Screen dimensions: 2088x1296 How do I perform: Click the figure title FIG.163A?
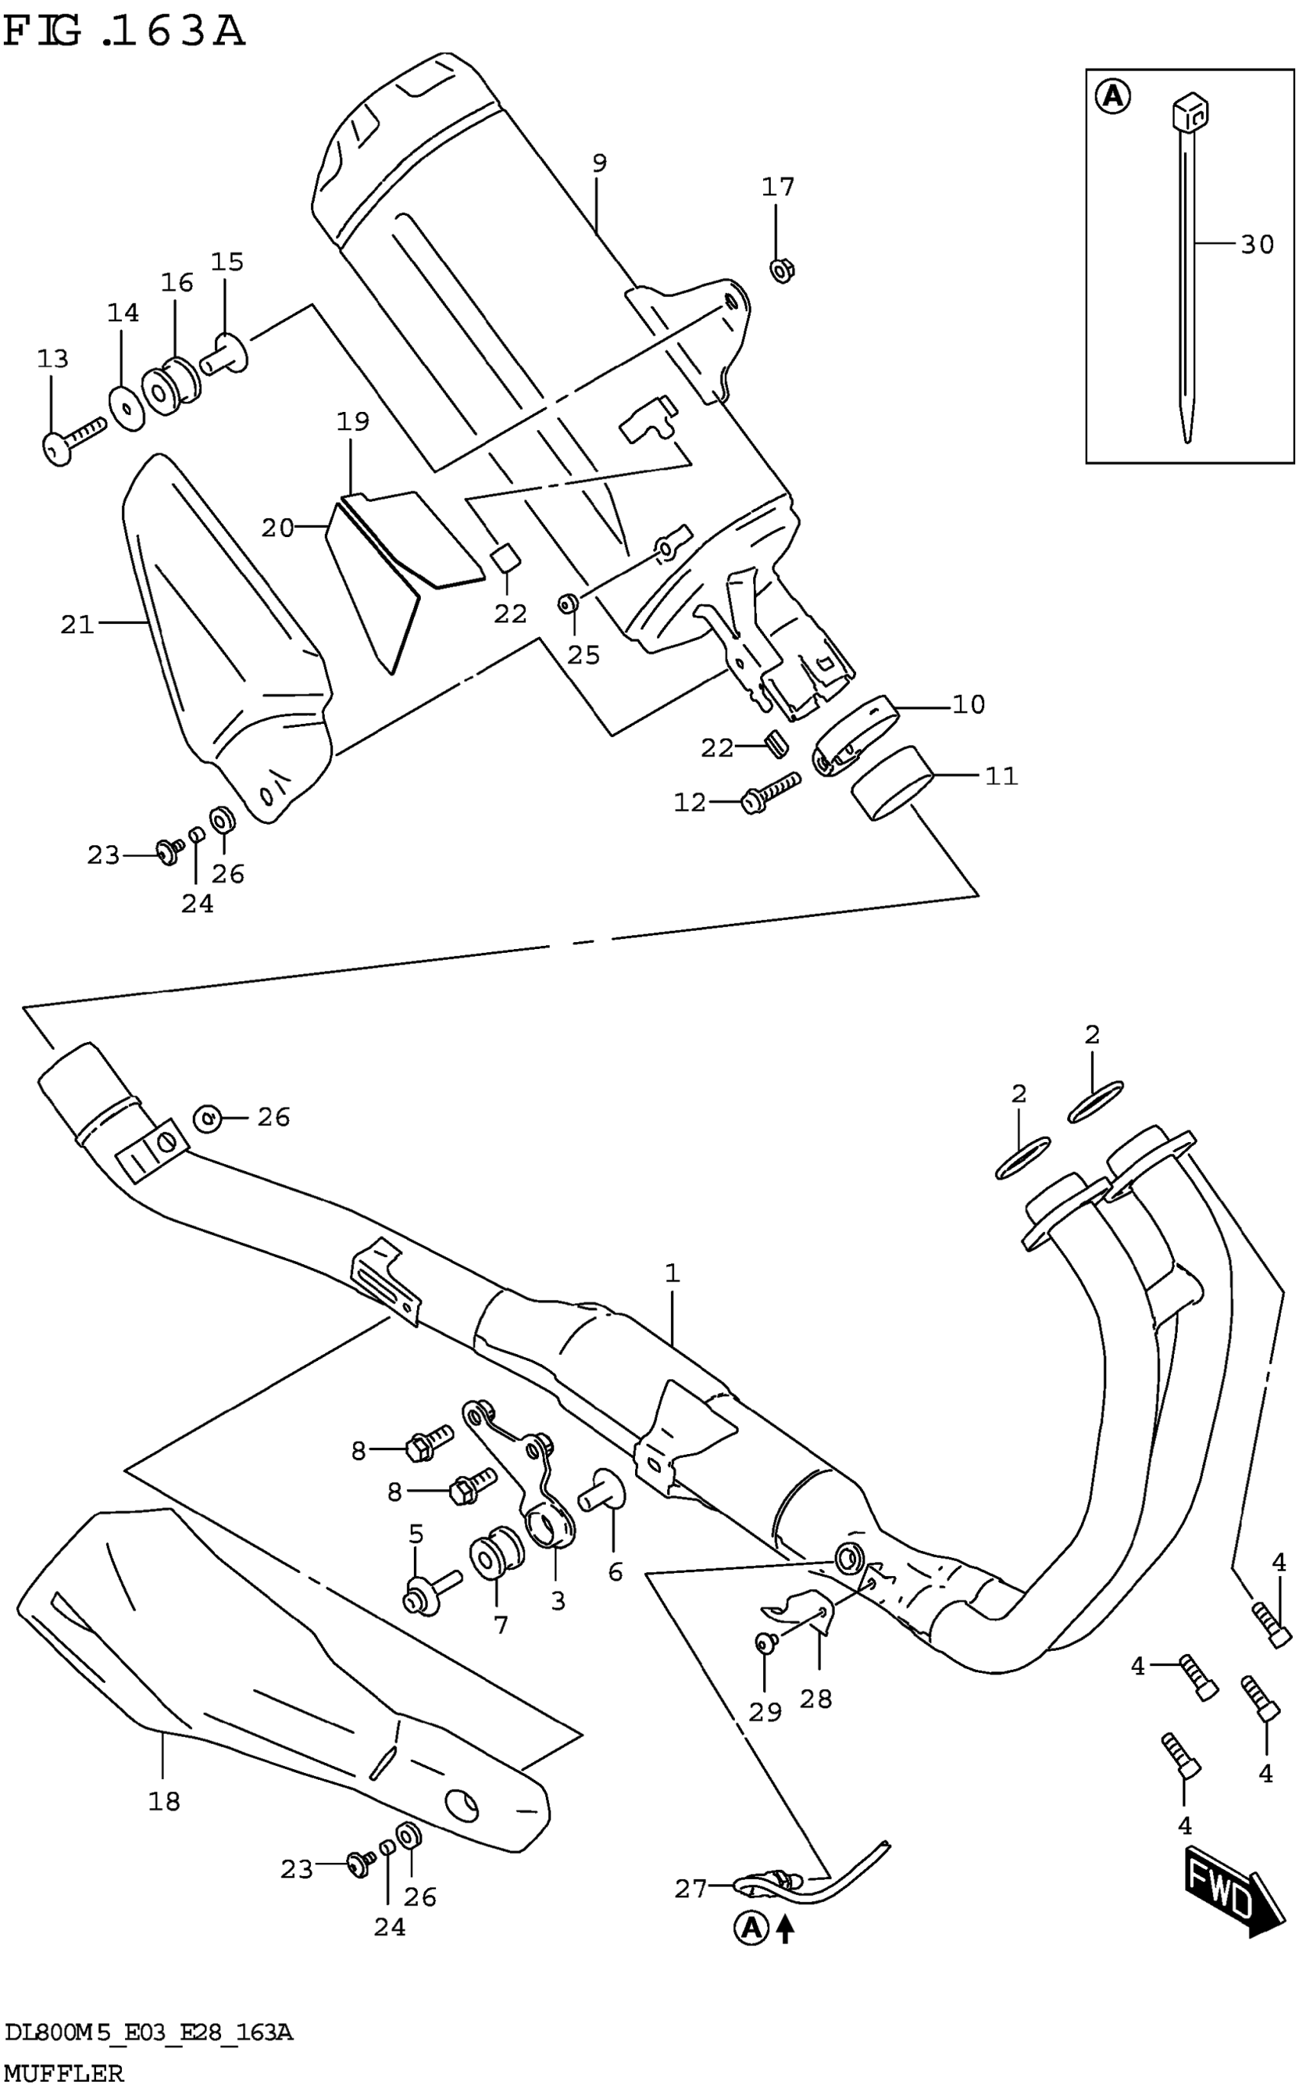[x=124, y=33]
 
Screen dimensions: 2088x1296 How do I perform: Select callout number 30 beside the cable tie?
[x=1256, y=245]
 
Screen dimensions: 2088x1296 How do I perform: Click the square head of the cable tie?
[x=1190, y=110]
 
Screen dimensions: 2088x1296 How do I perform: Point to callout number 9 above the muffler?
[x=599, y=163]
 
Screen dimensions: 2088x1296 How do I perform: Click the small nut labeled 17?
[x=781, y=271]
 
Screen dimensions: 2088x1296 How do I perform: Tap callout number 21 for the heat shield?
[x=77, y=624]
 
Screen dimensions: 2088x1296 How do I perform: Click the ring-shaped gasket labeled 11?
[x=891, y=782]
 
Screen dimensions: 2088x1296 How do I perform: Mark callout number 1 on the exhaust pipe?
[x=671, y=1273]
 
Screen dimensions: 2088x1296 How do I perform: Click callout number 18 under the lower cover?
[x=164, y=1802]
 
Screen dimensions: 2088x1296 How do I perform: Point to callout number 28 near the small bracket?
[x=815, y=1699]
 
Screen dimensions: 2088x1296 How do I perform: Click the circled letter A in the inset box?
[x=1112, y=96]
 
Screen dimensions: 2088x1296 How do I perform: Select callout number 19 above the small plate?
[x=352, y=422]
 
